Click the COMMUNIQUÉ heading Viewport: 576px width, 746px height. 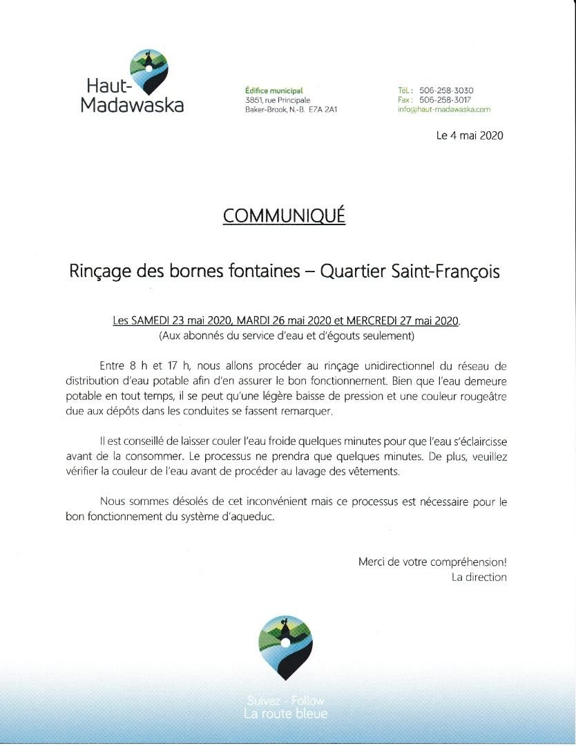[x=284, y=216]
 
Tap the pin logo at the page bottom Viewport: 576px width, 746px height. [x=285, y=647]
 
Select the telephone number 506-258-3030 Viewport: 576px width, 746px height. [x=446, y=90]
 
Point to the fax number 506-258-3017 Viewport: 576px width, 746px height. [x=446, y=100]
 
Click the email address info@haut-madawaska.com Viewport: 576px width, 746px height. [x=444, y=109]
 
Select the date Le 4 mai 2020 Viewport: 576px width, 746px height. [x=470, y=135]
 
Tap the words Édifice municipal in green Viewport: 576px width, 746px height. [x=274, y=90]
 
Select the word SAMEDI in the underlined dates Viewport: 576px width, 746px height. [x=152, y=321]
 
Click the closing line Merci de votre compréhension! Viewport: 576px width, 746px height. [x=432, y=562]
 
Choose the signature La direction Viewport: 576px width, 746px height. [x=479, y=577]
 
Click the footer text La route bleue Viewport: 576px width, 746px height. [x=285, y=714]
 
